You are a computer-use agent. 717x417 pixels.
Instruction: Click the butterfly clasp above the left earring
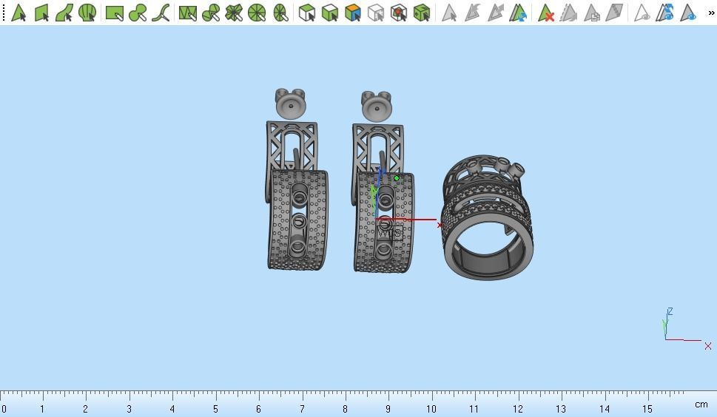[291, 104]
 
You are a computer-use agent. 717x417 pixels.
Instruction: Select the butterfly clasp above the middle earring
[377, 106]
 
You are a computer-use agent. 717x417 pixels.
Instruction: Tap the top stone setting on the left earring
[299, 196]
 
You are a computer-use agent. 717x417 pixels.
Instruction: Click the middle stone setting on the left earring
[298, 221]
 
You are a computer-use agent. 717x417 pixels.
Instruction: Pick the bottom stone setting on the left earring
[297, 247]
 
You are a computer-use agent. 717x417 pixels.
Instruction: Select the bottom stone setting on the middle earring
[383, 251]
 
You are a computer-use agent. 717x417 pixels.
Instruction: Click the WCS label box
[390, 233]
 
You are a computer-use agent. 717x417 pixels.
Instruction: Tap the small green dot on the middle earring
[397, 178]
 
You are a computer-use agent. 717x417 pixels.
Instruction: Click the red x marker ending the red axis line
[440, 225]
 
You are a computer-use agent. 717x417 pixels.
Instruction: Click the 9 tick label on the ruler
[388, 409]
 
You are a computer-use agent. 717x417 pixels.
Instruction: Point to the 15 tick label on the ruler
[647, 409]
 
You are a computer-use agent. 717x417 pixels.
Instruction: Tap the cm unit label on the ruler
[701, 404]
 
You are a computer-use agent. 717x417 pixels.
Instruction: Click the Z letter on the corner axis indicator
[670, 312]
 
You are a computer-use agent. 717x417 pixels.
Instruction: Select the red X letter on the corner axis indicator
[708, 346]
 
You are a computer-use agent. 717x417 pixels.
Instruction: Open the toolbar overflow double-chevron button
[710, 13]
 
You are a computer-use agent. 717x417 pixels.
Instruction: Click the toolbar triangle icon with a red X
[546, 13]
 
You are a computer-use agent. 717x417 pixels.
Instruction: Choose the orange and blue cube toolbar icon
[353, 13]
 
